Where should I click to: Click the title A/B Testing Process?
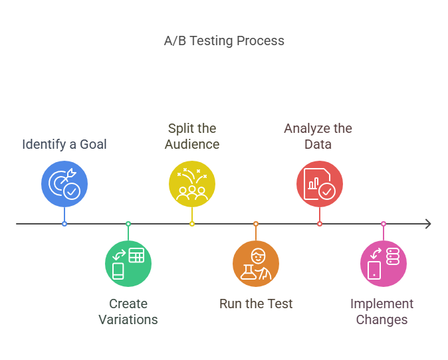[224, 41]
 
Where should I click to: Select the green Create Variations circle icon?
[128, 263]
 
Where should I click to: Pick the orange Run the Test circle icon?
[256, 263]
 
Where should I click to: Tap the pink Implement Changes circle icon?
[384, 263]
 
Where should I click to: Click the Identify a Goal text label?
[64, 144]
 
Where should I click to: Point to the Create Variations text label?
[128, 312]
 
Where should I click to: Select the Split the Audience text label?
[192, 136]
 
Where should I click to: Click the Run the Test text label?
[256, 304]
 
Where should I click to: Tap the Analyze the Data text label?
[318, 136]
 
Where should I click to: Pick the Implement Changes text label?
[382, 312]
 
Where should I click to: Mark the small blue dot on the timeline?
[64, 224]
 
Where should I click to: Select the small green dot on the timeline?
[128, 224]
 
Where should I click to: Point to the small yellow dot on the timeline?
[192, 224]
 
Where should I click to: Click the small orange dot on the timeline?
[256, 224]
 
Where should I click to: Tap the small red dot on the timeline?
[320, 224]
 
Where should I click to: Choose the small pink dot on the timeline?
[384, 224]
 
